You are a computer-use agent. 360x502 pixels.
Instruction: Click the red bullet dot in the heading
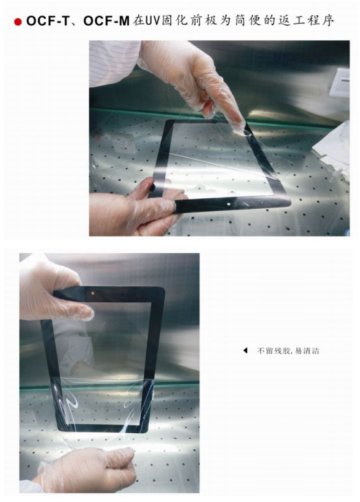[x=18, y=22]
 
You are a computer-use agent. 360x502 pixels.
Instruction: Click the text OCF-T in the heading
[x=48, y=21]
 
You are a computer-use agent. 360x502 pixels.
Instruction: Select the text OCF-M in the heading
[x=106, y=21]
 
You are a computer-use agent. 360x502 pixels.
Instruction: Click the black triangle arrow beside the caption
[x=245, y=351]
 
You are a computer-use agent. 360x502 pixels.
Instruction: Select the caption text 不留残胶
[x=269, y=351]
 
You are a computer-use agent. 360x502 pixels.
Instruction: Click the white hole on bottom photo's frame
[x=93, y=293]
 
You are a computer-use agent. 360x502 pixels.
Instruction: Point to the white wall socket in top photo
[x=340, y=82]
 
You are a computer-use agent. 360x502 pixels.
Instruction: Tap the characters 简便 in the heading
[x=250, y=21]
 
